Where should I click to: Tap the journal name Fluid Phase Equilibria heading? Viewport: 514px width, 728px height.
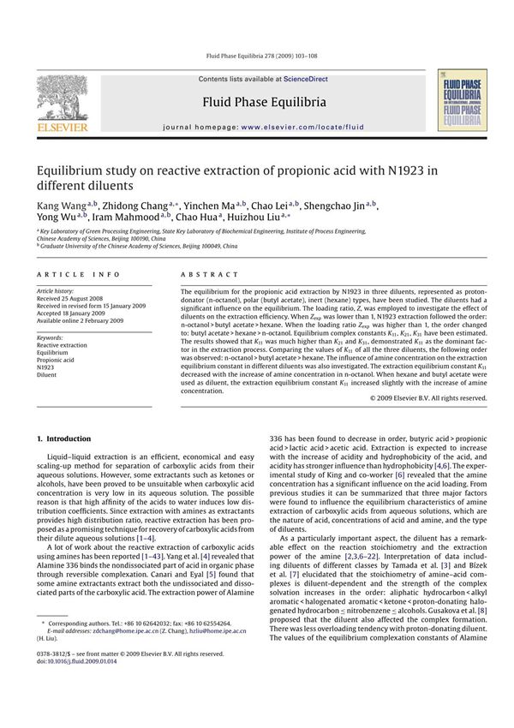pos(264,103)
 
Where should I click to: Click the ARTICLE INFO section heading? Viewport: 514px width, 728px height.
pos(71,275)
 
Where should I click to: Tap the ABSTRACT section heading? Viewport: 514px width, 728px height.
pos(209,275)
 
